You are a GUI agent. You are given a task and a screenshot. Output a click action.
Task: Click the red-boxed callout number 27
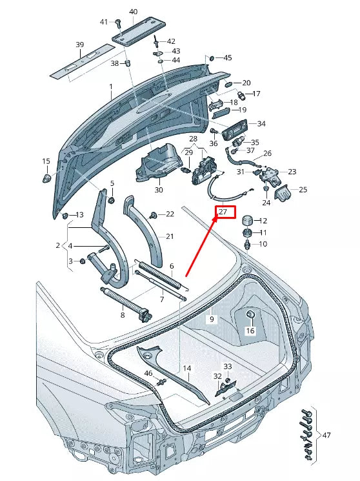click(224, 212)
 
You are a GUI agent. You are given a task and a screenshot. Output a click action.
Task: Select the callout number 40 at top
click(133, 12)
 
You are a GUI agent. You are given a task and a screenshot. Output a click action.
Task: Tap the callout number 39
click(80, 45)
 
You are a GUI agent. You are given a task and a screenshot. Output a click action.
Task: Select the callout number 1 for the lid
click(110, 86)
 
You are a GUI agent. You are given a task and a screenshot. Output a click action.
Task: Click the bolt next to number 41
click(119, 23)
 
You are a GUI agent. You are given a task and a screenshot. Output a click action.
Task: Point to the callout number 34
click(261, 123)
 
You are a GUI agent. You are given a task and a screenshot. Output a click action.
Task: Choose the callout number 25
click(303, 190)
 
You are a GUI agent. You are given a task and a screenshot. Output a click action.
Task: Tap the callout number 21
click(170, 236)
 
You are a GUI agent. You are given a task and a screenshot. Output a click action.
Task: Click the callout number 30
click(158, 190)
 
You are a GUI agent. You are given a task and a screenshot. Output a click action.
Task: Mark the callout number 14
click(187, 369)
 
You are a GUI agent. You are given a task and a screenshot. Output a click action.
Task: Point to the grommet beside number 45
click(210, 59)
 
